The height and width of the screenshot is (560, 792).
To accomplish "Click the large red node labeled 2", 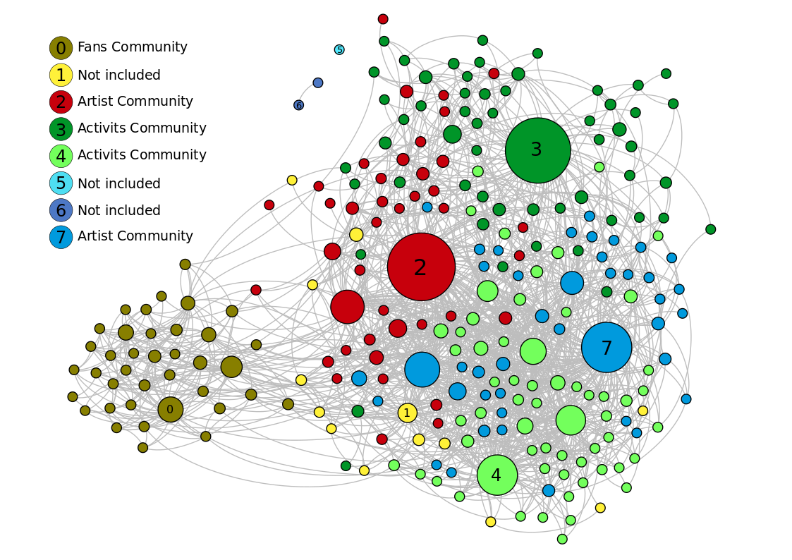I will (x=421, y=267).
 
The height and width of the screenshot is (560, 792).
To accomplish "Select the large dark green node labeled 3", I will (x=537, y=150).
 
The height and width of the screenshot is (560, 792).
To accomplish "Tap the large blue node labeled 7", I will (x=607, y=347).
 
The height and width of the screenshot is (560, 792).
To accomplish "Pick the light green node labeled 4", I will (x=497, y=475).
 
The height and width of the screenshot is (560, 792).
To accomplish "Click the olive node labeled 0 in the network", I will (x=170, y=409).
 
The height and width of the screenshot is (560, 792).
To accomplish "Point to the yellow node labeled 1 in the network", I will (x=407, y=413).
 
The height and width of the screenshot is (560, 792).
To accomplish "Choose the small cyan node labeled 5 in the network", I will (x=339, y=49).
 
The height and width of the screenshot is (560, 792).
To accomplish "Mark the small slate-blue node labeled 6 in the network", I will (x=299, y=105).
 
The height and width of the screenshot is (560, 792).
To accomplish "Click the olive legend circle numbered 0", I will (x=61, y=48).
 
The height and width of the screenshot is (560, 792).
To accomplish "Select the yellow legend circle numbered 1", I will (x=61, y=75).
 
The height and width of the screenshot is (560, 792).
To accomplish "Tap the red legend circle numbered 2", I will (x=61, y=102).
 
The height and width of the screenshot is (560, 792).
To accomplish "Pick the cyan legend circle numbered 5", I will (x=61, y=183).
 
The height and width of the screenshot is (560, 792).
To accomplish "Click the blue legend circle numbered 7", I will (x=61, y=237).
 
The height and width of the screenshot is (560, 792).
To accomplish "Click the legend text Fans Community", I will (x=132, y=47).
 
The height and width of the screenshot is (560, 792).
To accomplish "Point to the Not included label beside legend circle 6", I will (x=118, y=210).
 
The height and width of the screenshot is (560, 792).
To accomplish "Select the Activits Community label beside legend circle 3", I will (x=142, y=128).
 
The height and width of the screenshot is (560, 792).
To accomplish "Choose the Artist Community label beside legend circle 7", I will (x=135, y=236).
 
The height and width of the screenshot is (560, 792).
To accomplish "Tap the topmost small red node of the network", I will (x=383, y=19).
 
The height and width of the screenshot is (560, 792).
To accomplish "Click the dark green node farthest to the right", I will (x=710, y=229).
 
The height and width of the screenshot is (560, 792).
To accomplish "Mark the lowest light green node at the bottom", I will (x=562, y=539).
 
